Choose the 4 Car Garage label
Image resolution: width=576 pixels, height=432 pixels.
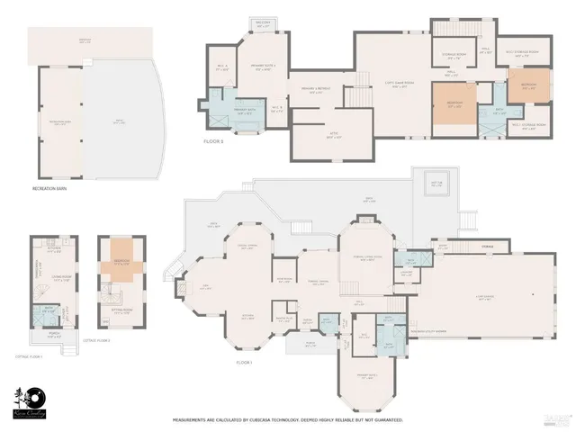pyautogui.click(x=484, y=298)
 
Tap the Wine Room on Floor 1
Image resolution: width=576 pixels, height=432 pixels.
pyautogui.click(x=283, y=279)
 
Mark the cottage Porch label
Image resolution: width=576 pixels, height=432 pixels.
pyautogui.click(x=51, y=337)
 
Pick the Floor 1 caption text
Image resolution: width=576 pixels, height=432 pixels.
pyautogui.click(x=244, y=363)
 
